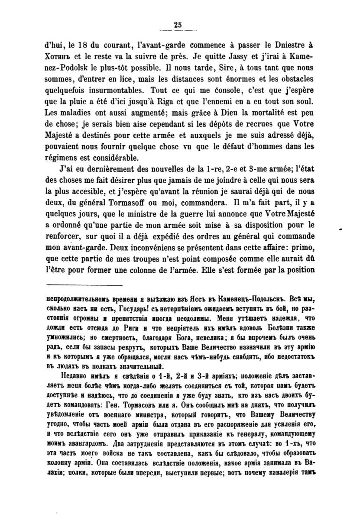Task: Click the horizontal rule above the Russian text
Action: (x=84, y=285)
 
